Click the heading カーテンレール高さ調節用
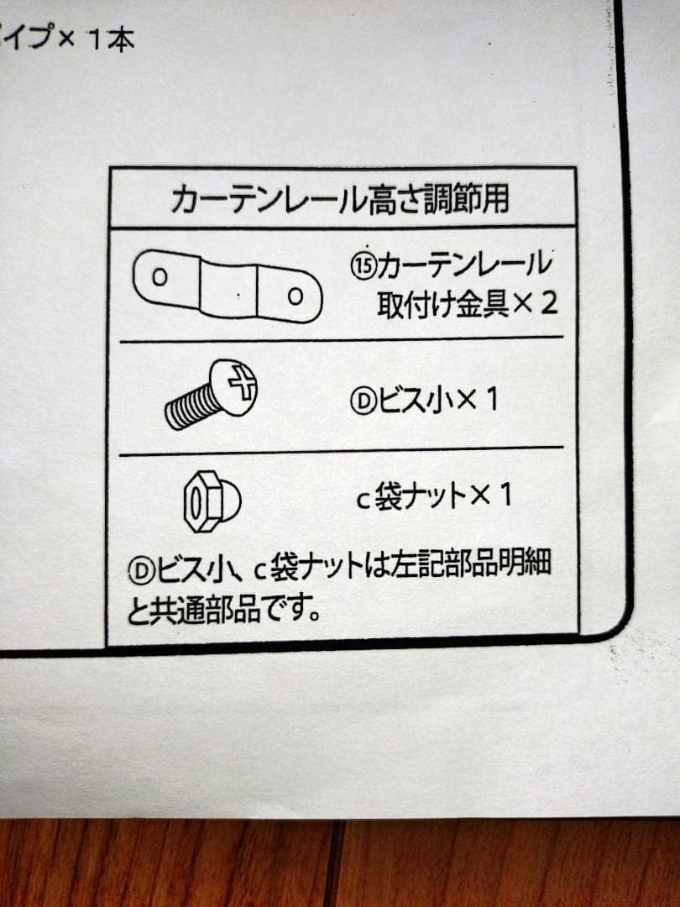click(340, 198)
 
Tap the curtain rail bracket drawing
click(228, 286)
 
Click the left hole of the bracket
click(160, 277)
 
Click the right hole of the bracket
click(296, 296)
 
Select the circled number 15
click(364, 266)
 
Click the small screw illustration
click(212, 395)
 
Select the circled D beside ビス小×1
click(364, 401)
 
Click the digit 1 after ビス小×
click(491, 400)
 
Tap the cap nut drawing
click(212, 501)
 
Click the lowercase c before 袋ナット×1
click(363, 501)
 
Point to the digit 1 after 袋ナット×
click(505, 495)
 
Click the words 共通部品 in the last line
click(206, 611)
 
